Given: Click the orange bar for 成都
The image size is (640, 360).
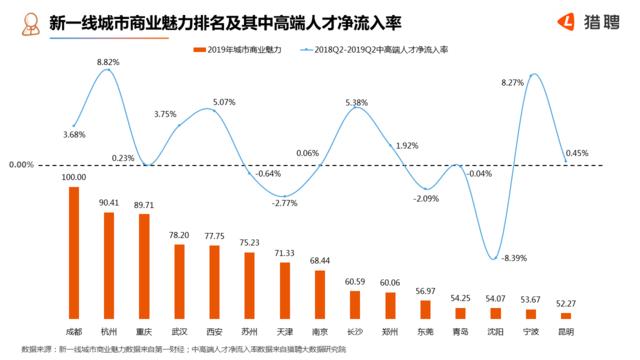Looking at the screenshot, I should [74, 253].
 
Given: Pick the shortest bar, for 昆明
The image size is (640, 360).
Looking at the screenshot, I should [566, 316].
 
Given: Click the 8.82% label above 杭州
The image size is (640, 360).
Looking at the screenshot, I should [109, 62].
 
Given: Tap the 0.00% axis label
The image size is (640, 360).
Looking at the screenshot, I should [21, 165].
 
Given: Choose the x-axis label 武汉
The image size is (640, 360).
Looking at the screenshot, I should [180, 329].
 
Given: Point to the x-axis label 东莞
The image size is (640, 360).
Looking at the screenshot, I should [426, 329].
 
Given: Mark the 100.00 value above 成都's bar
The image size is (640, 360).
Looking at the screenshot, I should [74, 178].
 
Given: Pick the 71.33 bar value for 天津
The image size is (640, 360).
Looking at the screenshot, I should [285, 254].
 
